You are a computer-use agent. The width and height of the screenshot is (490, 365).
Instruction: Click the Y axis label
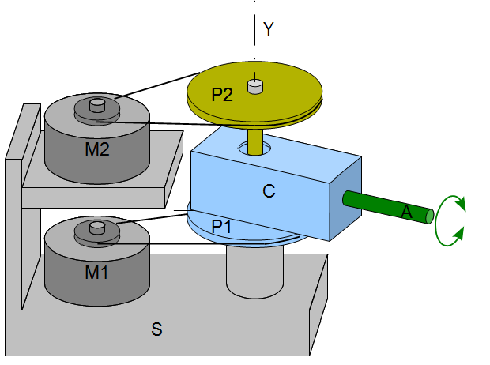tap(269, 29)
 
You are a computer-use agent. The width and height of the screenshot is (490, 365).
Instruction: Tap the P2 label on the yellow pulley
tap(222, 94)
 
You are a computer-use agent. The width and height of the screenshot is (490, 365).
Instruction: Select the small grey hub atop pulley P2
tap(255, 87)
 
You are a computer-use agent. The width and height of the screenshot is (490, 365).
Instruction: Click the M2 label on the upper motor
tap(97, 149)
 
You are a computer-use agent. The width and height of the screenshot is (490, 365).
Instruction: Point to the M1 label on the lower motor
tap(96, 273)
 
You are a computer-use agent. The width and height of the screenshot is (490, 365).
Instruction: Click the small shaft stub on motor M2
tap(97, 105)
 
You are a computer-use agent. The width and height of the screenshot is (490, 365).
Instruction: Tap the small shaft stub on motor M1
tap(97, 228)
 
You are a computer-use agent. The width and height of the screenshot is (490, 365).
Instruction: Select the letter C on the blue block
tap(269, 191)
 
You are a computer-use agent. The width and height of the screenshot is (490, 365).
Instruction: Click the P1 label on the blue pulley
tap(221, 226)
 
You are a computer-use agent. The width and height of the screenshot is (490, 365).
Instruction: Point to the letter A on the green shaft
tap(406, 212)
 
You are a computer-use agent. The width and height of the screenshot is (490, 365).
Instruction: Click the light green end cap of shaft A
tap(430, 216)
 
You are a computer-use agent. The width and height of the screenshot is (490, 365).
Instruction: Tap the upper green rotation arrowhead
tap(461, 203)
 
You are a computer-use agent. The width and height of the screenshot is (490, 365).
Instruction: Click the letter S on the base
tap(156, 329)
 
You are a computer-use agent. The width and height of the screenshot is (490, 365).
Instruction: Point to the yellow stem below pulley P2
tap(255, 142)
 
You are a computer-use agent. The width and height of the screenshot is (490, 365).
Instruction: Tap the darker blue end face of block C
tap(345, 199)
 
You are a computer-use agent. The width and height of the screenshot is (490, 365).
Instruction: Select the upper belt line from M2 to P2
tap(157, 85)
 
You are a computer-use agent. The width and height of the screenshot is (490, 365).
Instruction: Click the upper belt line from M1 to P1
tap(152, 218)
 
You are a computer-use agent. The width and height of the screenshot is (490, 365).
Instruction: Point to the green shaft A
tap(388, 207)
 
